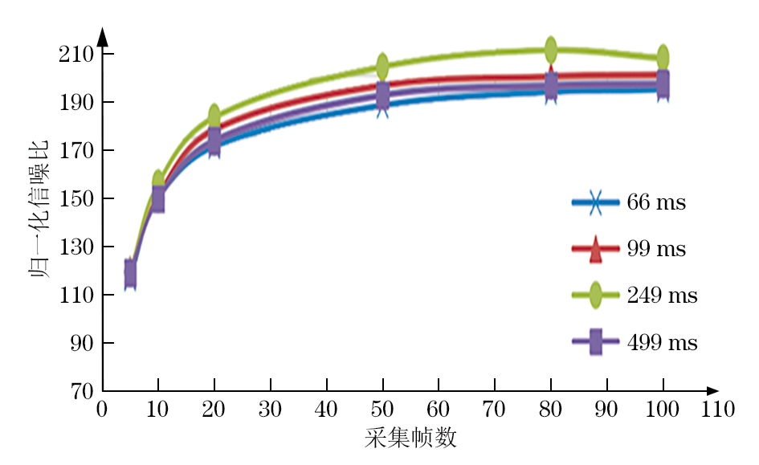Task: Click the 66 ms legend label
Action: (656, 202)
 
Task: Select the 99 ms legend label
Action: (656, 249)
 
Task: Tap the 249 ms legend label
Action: (662, 296)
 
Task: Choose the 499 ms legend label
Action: (662, 343)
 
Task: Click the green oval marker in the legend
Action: (595, 296)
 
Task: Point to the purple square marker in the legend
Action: (595, 343)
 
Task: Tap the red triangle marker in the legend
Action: (595, 251)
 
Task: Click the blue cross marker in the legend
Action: (595, 202)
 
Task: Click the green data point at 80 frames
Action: (551, 50)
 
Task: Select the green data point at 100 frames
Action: (663, 57)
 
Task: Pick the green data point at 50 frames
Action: (382, 65)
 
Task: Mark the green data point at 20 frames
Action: (214, 116)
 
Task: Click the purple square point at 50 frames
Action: (382, 95)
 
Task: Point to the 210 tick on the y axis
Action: (80, 55)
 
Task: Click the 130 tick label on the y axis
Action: (80, 247)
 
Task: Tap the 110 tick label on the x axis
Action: (718, 409)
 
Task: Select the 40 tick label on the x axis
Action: (326, 409)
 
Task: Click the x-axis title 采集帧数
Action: (410, 438)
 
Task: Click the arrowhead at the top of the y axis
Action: (102, 35)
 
